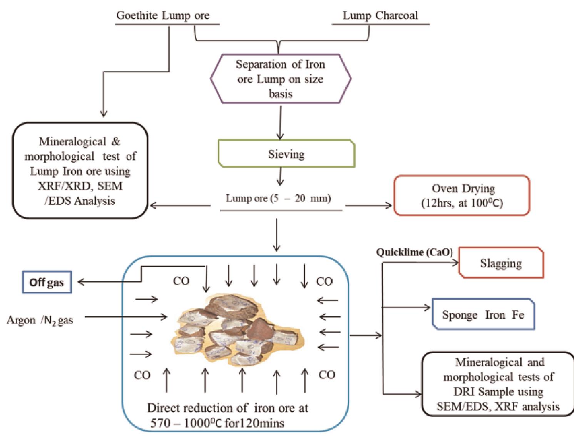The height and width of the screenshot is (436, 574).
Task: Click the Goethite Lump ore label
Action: click(163, 16)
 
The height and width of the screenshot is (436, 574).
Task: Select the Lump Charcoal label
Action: click(380, 16)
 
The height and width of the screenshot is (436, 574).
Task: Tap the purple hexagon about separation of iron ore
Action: click(280, 79)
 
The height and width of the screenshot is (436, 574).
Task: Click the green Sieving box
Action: click(286, 154)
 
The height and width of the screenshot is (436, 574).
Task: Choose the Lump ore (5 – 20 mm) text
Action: click(278, 199)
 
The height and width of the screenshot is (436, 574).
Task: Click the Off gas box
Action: click(47, 282)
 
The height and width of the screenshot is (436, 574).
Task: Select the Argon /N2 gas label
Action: click(40, 320)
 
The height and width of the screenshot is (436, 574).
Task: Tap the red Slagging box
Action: click(501, 263)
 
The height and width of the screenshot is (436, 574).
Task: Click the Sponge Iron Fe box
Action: click(483, 315)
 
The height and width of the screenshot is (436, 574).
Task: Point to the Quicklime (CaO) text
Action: click(414, 252)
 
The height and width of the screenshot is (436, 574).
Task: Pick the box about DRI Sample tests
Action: click(498, 384)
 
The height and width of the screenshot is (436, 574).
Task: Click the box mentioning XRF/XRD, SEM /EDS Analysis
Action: click(80, 171)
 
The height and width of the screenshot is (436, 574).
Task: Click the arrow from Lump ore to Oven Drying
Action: click(368, 205)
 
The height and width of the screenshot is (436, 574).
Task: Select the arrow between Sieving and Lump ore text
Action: click(280, 177)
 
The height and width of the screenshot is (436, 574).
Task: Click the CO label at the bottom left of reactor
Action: click(142, 375)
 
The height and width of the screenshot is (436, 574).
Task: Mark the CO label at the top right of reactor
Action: click(324, 282)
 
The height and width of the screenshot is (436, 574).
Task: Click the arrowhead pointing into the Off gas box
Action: click(81, 282)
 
